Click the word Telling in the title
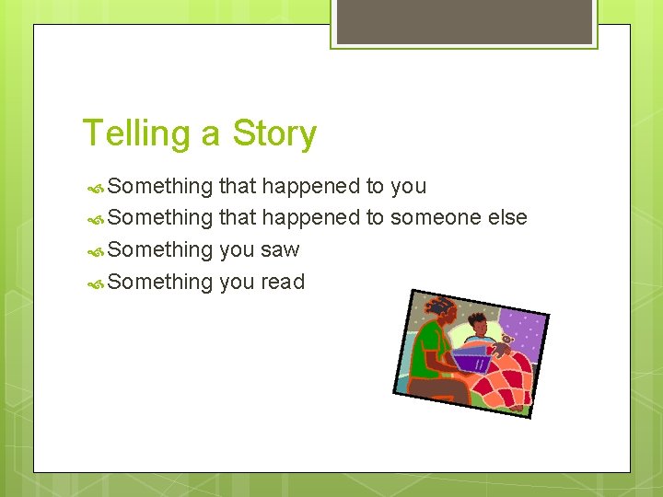pos(137,133)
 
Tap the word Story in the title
pos(274,133)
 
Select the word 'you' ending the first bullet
pos(408,187)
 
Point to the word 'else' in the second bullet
pos(508,218)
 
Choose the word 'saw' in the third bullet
pos(280,250)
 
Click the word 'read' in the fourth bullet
pos(282,282)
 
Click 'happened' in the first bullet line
pos(310,187)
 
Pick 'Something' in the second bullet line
pos(160,218)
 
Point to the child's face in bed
pos(477,326)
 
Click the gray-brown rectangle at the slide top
pos(464,20)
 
